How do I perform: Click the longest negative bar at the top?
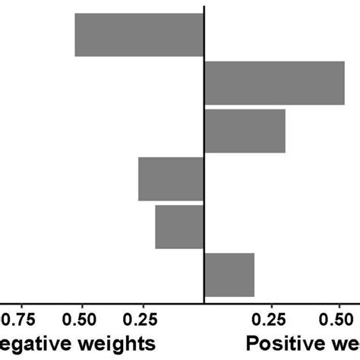[139, 35]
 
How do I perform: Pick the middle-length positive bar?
[245, 131]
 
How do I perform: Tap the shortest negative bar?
[179, 227]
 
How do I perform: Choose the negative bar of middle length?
[171, 179]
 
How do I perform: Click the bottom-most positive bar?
[229, 275]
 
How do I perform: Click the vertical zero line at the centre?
[204, 152]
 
